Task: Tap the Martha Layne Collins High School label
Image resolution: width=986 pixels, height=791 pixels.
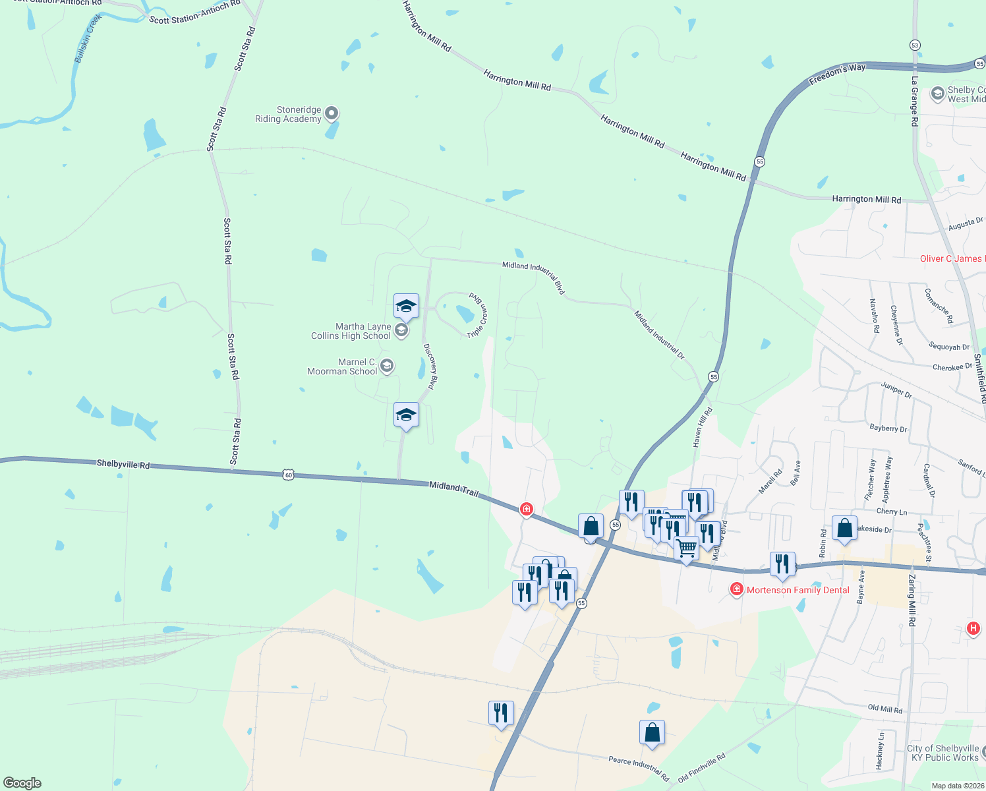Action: pos(351,331)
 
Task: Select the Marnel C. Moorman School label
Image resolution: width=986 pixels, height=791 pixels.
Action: pos(342,366)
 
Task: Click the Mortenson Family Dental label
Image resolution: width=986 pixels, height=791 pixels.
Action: pos(797,590)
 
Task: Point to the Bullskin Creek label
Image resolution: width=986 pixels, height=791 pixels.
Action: pos(88,39)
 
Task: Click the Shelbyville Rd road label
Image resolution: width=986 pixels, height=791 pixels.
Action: pos(123,464)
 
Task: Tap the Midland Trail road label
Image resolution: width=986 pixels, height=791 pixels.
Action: pos(453,488)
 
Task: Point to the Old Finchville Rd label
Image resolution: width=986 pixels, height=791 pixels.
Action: pos(701,767)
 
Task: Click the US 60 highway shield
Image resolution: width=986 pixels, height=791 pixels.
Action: pos(288,474)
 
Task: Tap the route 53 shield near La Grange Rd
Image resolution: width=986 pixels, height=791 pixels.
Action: pos(915,45)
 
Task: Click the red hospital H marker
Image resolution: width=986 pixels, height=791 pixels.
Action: pos(973,628)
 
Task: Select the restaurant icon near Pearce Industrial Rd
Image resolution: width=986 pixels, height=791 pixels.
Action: pos(501,713)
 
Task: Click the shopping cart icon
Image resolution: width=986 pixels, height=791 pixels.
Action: pos(687,548)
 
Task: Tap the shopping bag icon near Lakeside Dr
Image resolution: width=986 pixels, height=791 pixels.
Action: pos(844,528)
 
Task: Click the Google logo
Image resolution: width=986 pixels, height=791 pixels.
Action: pos(22,783)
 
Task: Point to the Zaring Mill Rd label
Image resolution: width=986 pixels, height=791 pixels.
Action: pos(912,600)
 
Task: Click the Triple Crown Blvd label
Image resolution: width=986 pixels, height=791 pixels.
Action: pos(478,315)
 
